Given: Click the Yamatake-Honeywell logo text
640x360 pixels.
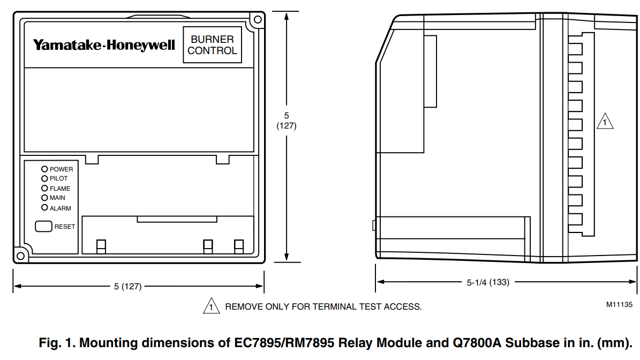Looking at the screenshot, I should click(104, 45).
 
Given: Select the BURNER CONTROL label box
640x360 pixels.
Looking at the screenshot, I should click(212, 45).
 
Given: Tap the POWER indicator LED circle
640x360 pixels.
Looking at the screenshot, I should click(45, 169).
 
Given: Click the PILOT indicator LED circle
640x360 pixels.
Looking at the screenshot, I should click(45, 178).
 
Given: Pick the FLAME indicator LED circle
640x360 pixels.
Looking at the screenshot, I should click(45, 188).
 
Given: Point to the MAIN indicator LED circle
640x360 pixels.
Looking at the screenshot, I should click(45, 198).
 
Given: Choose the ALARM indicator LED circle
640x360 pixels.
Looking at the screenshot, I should click(45, 208).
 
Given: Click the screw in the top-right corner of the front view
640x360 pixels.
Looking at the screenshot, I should click(257, 20).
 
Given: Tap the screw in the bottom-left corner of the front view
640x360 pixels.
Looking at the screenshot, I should click(20, 255).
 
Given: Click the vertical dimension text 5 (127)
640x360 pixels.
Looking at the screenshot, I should click(287, 121).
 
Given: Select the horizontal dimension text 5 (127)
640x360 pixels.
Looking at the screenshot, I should click(127, 287).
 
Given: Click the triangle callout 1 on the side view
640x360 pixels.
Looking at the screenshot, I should click(605, 122).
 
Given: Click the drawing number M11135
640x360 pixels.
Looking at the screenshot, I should click(619, 304).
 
